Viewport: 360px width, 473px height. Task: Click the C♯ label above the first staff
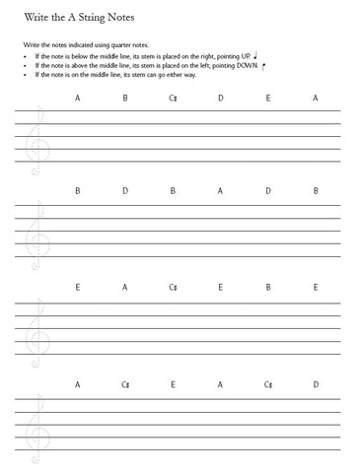click(173, 98)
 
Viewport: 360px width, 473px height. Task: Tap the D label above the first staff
click(221, 98)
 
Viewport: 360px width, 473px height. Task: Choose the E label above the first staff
click(268, 98)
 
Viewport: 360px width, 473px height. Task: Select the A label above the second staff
click(221, 190)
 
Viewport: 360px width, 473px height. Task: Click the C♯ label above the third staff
click(173, 287)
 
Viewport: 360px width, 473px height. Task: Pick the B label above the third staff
click(268, 287)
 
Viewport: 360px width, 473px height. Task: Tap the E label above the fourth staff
click(173, 383)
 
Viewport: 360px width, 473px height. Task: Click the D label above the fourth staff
click(316, 383)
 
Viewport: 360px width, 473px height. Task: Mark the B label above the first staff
click(125, 98)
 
